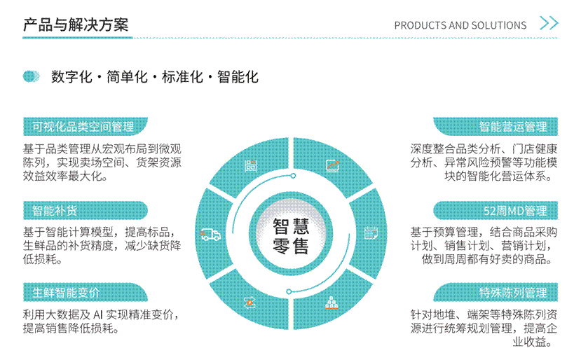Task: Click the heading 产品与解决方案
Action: pos(76,25)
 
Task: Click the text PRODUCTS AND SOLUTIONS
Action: pos(460,25)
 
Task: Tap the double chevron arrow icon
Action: pos(549,23)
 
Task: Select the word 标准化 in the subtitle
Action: pos(182,77)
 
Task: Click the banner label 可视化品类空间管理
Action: pos(83,127)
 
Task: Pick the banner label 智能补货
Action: pos(55,210)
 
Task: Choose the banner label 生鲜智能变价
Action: pos(66,293)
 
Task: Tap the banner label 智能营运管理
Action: pos(513,127)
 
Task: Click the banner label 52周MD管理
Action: pos(515,210)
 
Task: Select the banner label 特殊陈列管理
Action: pos(513,293)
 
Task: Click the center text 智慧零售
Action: pos(290,236)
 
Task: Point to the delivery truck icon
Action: pos(210,235)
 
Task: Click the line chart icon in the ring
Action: pos(332,165)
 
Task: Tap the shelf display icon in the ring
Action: pos(250,166)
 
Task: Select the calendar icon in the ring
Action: pos(371,233)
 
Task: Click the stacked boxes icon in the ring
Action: pos(331,303)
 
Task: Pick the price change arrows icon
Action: pos(250,303)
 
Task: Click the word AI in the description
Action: pos(97,314)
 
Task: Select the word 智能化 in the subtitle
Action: pos(238,77)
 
